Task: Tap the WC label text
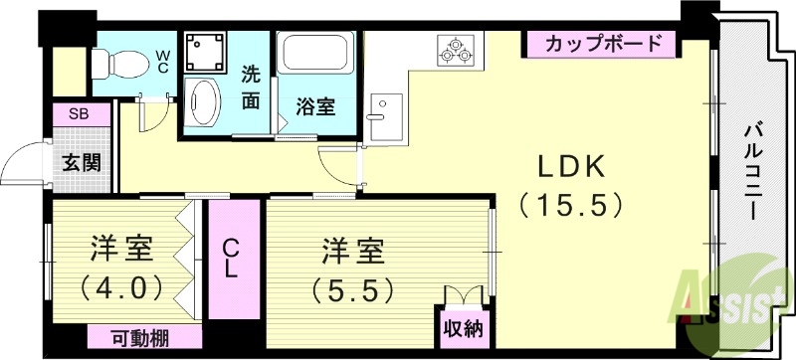(x=161, y=62)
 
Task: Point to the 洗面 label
(x=252, y=87)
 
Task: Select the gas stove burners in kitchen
(x=457, y=50)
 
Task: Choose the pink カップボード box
(x=602, y=44)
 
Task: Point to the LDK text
(x=571, y=166)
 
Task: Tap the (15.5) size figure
(x=571, y=206)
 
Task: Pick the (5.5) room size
(x=353, y=289)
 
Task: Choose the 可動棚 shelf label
(x=139, y=337)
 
